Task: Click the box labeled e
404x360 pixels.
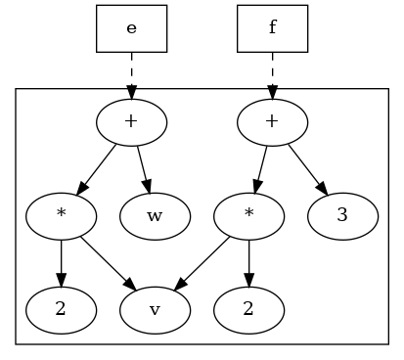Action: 131,28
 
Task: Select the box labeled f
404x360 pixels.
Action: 272,28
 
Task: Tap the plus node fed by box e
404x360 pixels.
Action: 131,122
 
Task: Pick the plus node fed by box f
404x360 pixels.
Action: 272,122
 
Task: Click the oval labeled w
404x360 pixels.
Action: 155,216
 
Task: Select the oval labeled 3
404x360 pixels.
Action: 342,216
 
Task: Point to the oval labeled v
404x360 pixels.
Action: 155,310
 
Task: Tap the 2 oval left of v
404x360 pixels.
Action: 61,310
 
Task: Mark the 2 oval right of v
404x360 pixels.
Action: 248,310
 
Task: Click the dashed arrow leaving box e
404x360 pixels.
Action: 131,75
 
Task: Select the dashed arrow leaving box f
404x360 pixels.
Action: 272,75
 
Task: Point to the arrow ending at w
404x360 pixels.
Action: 143,168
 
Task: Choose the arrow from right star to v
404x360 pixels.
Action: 202,262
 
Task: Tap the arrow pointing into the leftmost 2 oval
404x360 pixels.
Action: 61,262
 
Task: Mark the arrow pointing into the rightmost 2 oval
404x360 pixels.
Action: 248,262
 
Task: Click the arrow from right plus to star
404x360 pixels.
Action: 260,168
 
